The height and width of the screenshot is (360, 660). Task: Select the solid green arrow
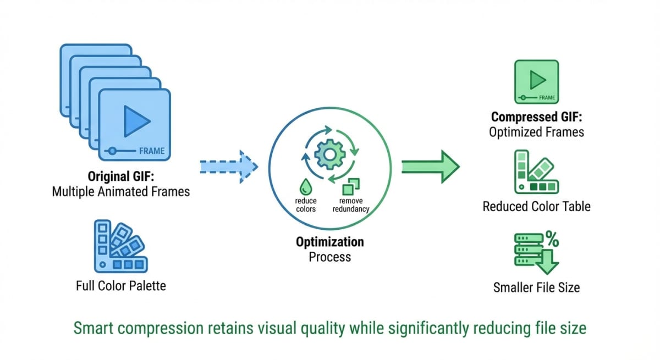[431, 167]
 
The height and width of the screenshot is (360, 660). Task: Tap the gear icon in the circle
[329, 154]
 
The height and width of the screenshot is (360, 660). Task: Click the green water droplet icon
[306, 187]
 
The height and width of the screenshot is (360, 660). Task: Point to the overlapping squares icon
[351, 187]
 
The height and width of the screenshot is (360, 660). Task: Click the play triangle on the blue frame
[137, 121]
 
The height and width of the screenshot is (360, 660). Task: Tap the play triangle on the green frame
[538, 80]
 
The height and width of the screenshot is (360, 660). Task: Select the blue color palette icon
[120, 246]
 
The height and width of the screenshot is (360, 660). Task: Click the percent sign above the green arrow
[552, 239]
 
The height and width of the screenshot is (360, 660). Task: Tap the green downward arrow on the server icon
[547, 262]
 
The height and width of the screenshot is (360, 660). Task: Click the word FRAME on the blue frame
[152, 151]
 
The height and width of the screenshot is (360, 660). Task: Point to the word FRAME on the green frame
[547, 98]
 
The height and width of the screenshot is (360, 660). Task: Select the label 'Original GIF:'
[121, 176]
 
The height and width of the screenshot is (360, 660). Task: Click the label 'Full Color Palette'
[121, 286]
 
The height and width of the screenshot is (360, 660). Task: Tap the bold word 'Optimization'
[329, 242]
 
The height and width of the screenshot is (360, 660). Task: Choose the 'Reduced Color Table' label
[537, 206]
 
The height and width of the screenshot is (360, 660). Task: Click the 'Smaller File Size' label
[537, 287]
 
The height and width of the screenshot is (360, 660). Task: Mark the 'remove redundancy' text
[351, 205]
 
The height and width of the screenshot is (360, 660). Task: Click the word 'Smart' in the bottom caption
[94, 328]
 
